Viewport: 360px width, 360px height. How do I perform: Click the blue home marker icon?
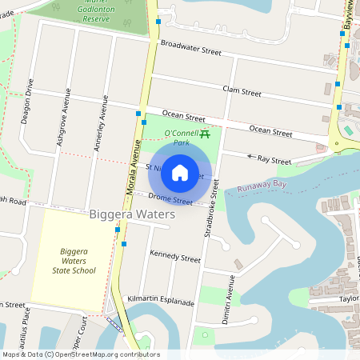(180, 172)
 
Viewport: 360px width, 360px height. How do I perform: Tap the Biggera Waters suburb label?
(132, 215)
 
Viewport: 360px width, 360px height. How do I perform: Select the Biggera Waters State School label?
(78, 261)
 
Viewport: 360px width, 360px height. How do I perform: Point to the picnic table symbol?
(206, 134)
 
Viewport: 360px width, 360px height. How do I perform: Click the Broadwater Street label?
(190, 48)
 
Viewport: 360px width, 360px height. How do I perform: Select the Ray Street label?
(276, 161)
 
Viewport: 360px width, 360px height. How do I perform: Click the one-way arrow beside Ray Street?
(252, 157)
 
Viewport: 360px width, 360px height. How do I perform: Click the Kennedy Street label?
(175, 258)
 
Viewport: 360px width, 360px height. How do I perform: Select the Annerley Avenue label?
(102, 121)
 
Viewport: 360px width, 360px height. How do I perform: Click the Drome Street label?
(170, 198)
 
